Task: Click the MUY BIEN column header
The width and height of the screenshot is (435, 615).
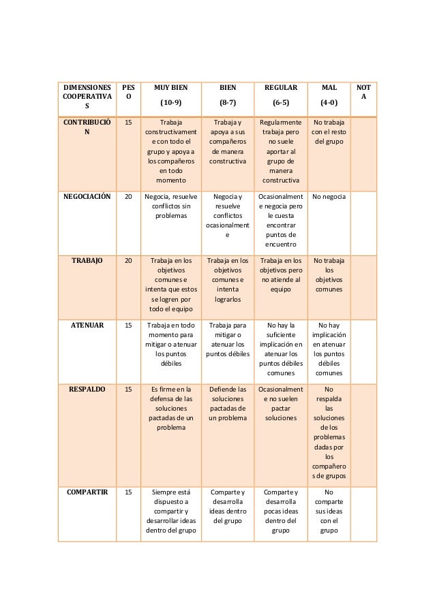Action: coord(170,88)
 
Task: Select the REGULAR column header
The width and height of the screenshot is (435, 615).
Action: coord(280,88)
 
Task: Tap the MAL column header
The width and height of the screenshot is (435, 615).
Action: coord(329,88)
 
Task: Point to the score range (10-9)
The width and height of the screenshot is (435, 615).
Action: coord(170,104)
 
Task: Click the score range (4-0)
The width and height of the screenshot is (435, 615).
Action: coord(329,104)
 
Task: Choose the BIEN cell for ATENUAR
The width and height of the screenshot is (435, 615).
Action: coord(227,338)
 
